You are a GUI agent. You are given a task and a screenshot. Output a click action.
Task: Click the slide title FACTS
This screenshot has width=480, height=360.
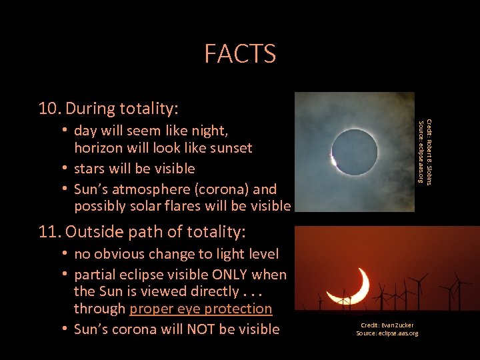click(240, 53)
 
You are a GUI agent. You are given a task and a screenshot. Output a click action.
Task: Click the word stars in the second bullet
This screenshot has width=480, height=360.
click(91, 168)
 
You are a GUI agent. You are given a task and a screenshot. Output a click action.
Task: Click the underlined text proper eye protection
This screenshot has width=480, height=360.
click(201, 309)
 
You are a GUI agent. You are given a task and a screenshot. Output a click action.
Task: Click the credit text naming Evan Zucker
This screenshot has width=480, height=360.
click(387, 325)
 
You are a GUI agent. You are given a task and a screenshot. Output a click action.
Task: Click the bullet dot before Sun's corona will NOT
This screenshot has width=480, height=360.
click(65, 329)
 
